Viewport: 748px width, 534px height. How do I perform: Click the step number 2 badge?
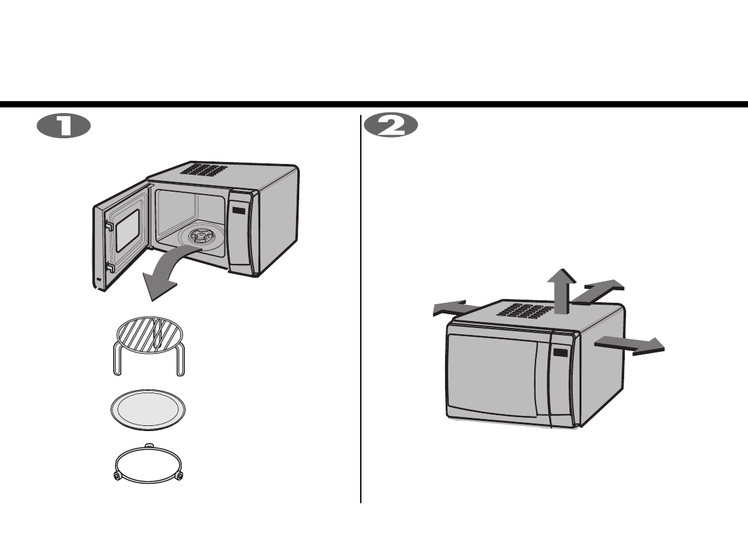pyautogui.click(x=390, y=126)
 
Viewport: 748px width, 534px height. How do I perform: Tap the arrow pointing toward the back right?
pyautogui.click(x=600, y=290)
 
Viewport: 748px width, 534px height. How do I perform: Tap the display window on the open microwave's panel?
pyautogui.click(x=239, y=211)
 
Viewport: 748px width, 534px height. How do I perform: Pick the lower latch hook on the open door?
pyautogui.click(x=109, y=268)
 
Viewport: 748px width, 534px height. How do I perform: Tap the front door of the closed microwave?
pyautogui.click(x=493, y=377)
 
